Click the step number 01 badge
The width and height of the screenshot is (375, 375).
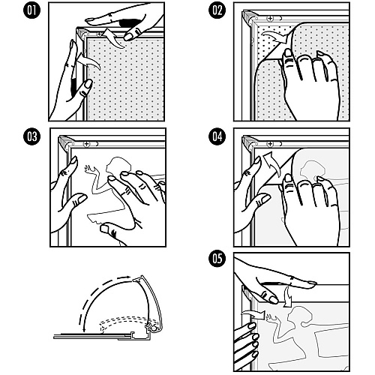click(x=31, y=10)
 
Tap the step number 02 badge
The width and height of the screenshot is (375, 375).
click(x=217, y=10)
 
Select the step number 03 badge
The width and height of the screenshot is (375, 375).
click(x=31, y=136)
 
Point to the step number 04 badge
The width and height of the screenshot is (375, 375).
click(x=217, y=136)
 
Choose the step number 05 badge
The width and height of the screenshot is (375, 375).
click(x=217, y=259)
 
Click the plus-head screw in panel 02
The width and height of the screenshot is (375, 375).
click(x=270, y=18)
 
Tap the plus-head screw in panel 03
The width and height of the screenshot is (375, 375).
click(x=86, y=144)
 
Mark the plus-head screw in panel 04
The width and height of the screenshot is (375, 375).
click(x=270, y=144)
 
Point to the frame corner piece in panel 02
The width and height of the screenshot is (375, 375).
click(x=249, y=17)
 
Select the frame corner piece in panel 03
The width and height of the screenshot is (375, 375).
click(x=64, y=142)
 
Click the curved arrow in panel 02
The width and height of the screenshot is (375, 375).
click(x=274, y=37)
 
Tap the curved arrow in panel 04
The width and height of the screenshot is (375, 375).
click(x=272, y=163)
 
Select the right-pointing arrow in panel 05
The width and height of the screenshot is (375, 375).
click(x=253, y=314)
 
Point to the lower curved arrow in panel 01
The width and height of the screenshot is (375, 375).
click(x=88, y=61)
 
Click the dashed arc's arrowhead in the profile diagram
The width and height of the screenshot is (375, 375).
click(x=128, y=277)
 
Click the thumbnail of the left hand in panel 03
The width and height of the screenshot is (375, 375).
click(x=74, y=160)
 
